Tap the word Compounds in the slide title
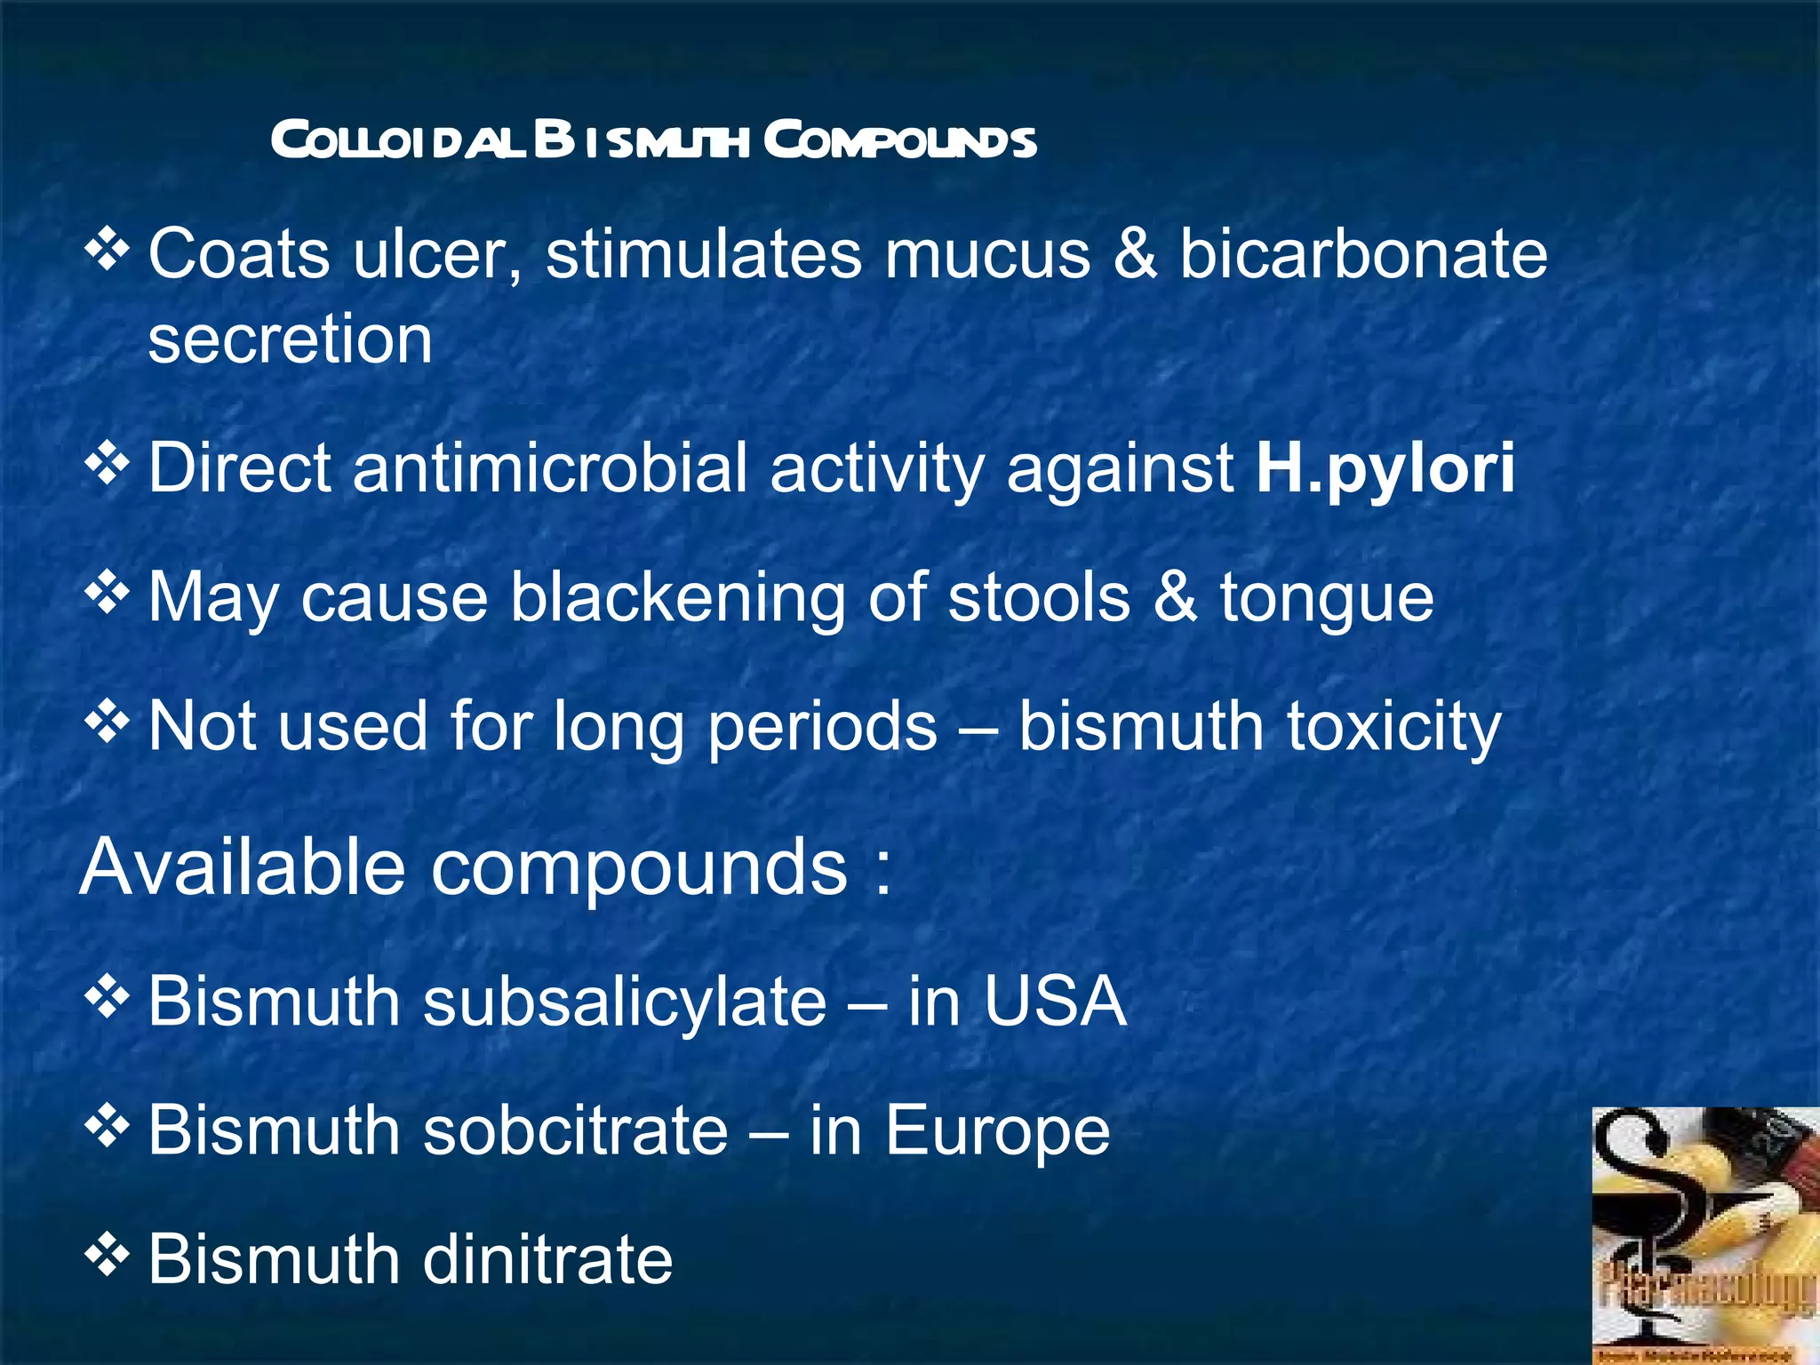(x=899, y=140)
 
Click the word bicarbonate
(x=1362, y=254)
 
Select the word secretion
(x=290, y=339)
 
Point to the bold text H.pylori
(x=1385, y=469)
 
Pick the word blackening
(x=677, y=597)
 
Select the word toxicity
(x=1393, y=727)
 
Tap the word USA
(x=1055, y=1002)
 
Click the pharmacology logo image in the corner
(x=1704, y=1235)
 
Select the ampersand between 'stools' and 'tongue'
(x=1175, y=597)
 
